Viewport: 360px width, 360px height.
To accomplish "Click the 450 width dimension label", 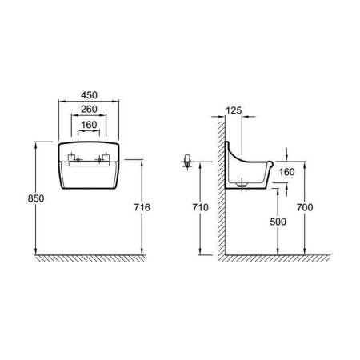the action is pos(89,95).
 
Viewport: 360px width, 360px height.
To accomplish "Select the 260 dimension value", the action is pos(89,109).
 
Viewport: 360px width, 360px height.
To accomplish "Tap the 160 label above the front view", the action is pos(89,125).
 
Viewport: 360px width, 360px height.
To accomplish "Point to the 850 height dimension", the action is pos(36,198).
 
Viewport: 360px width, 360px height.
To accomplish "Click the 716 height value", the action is pos(142,207).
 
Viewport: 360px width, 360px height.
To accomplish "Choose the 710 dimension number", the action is pos(201,207).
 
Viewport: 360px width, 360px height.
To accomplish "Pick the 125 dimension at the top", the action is pos(234,110).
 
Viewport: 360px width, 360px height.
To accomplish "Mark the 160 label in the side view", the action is pos(286,172).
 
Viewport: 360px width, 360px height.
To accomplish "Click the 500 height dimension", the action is pos(278,222).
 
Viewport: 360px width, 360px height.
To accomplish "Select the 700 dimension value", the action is pos(305,207).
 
